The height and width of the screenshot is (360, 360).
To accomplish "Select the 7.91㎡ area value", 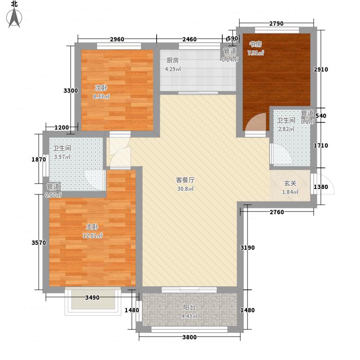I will (x=256, y=53).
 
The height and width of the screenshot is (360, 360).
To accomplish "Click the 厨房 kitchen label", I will (x=173, y=60).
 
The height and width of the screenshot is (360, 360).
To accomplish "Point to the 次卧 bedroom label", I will (x=99, y=88).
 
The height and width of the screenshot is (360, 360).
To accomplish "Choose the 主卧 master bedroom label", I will (x=92, y=227).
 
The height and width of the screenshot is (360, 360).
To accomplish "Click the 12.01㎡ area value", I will (x=92, y=235).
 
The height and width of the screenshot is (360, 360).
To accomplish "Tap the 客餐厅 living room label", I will (x=185, y=180).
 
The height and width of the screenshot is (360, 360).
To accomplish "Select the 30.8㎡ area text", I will (x=185, y=189).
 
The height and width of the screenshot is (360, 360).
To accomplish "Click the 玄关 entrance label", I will (x=290, y=184).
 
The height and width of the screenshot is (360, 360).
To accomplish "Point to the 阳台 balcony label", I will (x=189, y=308).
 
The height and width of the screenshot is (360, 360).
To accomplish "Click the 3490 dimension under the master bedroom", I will (x=92, y=297).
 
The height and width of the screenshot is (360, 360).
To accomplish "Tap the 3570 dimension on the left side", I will (x=39, y=243).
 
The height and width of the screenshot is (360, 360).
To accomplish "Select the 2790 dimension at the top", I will (x=276, y=23).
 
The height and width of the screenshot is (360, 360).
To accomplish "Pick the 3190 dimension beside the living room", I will (x=247, y=247).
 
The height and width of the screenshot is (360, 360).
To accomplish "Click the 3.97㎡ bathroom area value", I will (x=63, y=157).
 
